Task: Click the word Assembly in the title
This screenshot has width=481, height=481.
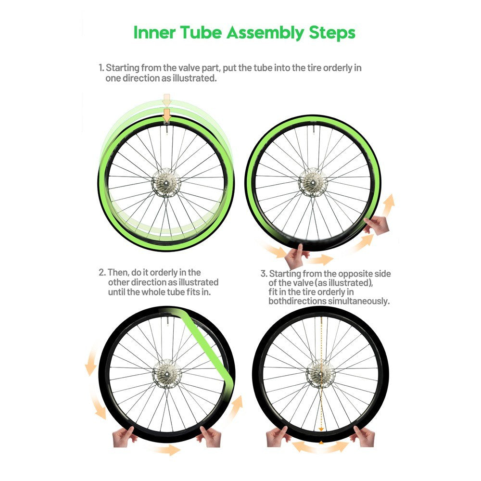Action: [x=265, y=33]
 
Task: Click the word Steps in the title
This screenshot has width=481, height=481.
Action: [x=332, y=33]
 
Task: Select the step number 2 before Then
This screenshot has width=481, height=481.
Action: [x=101, y=273]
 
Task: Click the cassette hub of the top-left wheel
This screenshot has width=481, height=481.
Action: [x=166, y=183]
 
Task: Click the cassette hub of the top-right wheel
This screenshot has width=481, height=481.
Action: [x=313, y=182]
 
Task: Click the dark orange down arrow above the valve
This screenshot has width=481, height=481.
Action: [x=166, y=114]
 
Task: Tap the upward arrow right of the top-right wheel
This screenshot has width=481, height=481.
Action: [x=389, y=202]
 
